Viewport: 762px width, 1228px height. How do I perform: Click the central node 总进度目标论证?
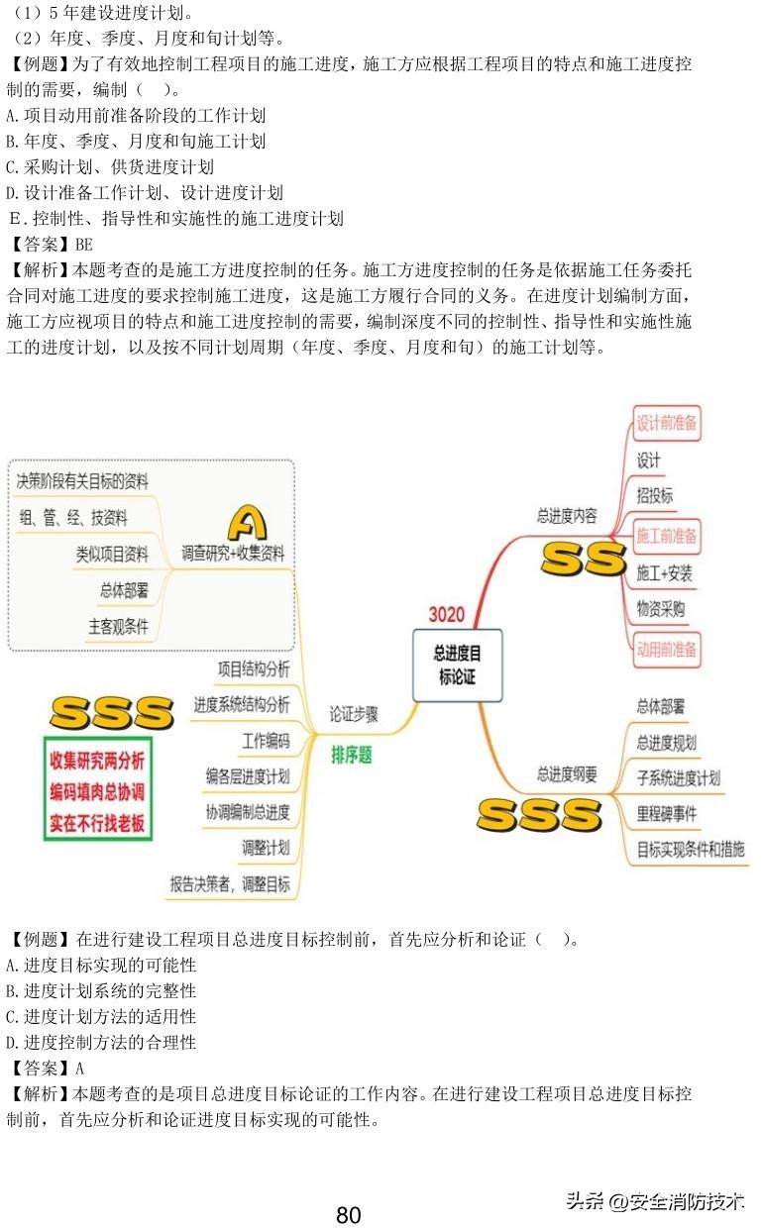457,665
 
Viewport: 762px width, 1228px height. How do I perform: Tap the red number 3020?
446,614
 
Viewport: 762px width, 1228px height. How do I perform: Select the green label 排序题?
352,755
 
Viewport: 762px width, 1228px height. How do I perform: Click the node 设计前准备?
667,424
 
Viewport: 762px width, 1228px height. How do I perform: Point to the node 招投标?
654,496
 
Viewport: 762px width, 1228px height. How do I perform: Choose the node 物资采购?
660,609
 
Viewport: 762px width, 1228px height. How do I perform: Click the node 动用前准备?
667,650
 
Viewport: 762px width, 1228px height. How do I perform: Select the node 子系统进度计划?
679,777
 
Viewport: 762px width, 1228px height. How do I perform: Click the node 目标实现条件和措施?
691,849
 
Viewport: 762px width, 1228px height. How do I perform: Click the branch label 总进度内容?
567,515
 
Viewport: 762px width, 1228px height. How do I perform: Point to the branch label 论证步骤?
354,714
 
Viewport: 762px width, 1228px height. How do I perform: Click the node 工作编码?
266,741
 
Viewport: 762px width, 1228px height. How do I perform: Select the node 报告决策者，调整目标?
230,884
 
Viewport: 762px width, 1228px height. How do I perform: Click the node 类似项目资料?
112,554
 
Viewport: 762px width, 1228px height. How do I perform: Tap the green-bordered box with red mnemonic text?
98,789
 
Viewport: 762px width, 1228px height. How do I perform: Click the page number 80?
349,1215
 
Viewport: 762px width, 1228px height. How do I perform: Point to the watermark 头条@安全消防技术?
655,1201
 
